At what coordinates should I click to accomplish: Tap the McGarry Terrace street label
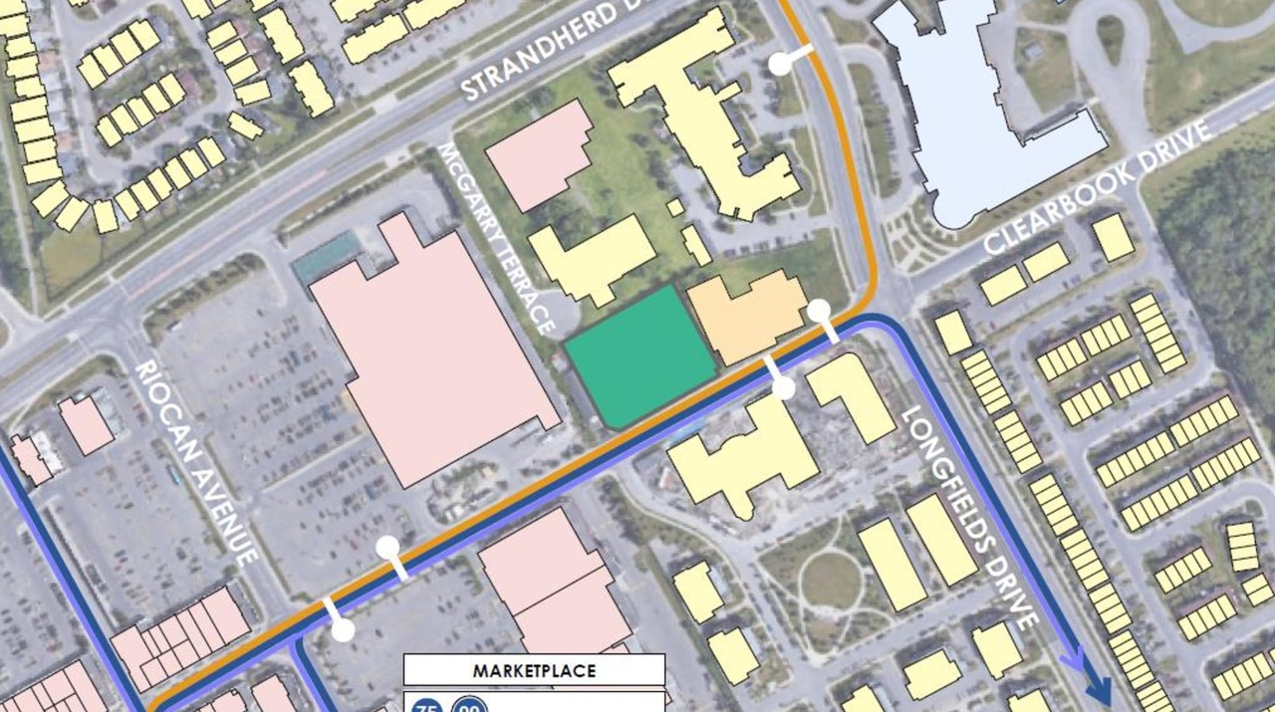(x=496, y=237)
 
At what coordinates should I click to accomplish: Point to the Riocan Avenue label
(x=198, y=462)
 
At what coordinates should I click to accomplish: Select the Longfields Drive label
(x=971, y=517)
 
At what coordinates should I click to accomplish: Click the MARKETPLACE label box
(x=534, y=670)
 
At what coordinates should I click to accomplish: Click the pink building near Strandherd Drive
(x=539, y=154)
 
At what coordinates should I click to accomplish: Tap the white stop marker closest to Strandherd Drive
(x=781, y=64)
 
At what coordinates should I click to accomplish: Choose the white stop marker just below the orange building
(x=784, y=387)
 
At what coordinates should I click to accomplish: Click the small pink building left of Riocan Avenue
(x=87, y=425)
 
